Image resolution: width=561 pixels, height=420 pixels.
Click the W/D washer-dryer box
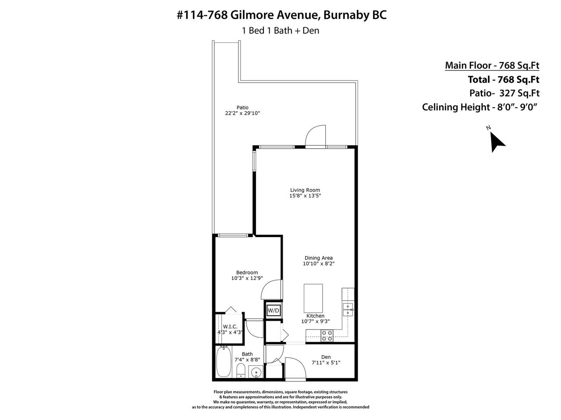coord(273,310)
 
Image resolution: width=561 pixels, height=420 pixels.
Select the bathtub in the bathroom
coord(224,361)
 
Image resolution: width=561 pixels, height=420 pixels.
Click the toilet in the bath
coord(240,371)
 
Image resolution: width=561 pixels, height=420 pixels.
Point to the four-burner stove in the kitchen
coord(327,336)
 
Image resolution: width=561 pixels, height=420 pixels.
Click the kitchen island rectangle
coord(313,298)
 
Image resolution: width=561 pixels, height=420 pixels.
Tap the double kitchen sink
coord(348,310)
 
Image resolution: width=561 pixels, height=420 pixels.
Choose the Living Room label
coord(305,190)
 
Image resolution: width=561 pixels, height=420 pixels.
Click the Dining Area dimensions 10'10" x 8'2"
coord(319,263)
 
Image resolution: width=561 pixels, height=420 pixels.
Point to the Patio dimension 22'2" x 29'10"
coord(242,113)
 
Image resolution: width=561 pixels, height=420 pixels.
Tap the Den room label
coord(326,357)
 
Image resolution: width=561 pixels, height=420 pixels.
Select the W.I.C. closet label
coord(230,327)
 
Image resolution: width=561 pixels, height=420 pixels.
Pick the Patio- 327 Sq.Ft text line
coord(504,93)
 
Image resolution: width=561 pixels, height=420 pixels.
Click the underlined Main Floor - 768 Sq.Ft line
coord(492,65)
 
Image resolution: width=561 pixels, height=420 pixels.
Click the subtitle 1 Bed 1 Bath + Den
coord(280,31)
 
